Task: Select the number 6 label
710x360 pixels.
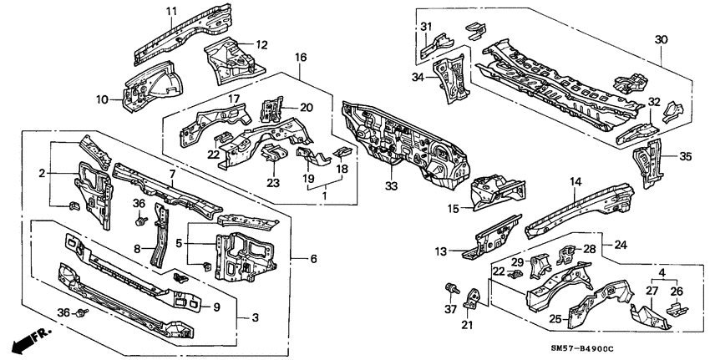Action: pos(313,259)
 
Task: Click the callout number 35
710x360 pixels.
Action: pos(687,156)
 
